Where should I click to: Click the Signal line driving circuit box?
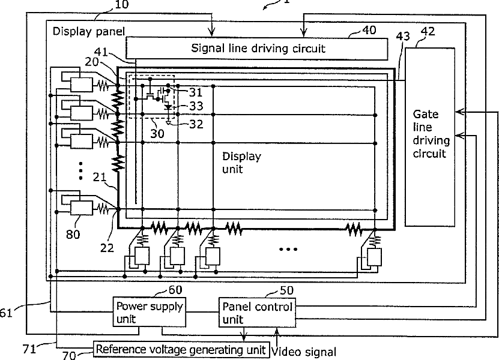coord(257,49)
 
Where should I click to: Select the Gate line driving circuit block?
coord(429,137)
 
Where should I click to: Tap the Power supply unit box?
coord(150,312)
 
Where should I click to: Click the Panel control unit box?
coord(257,312)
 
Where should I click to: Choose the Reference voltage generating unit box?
coord(181,349)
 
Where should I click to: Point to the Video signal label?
coord(304,352)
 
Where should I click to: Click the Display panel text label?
coord(89,31)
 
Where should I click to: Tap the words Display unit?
coord(241,163)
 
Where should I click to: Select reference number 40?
coord(369,30)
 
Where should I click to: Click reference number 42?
coord(428,31)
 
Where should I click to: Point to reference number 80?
coord(73,235)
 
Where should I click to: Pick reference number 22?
coord(107,248)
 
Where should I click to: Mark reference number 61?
coord(6,313)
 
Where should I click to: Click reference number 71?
coord(29,349)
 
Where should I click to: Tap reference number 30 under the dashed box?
coord(157,134)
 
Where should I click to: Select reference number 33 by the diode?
coord(196,106)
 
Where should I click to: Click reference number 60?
coord(175,290)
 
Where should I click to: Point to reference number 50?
coord(286,290)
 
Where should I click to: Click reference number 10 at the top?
coord(121,4)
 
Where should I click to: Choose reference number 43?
coord(403,36)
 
